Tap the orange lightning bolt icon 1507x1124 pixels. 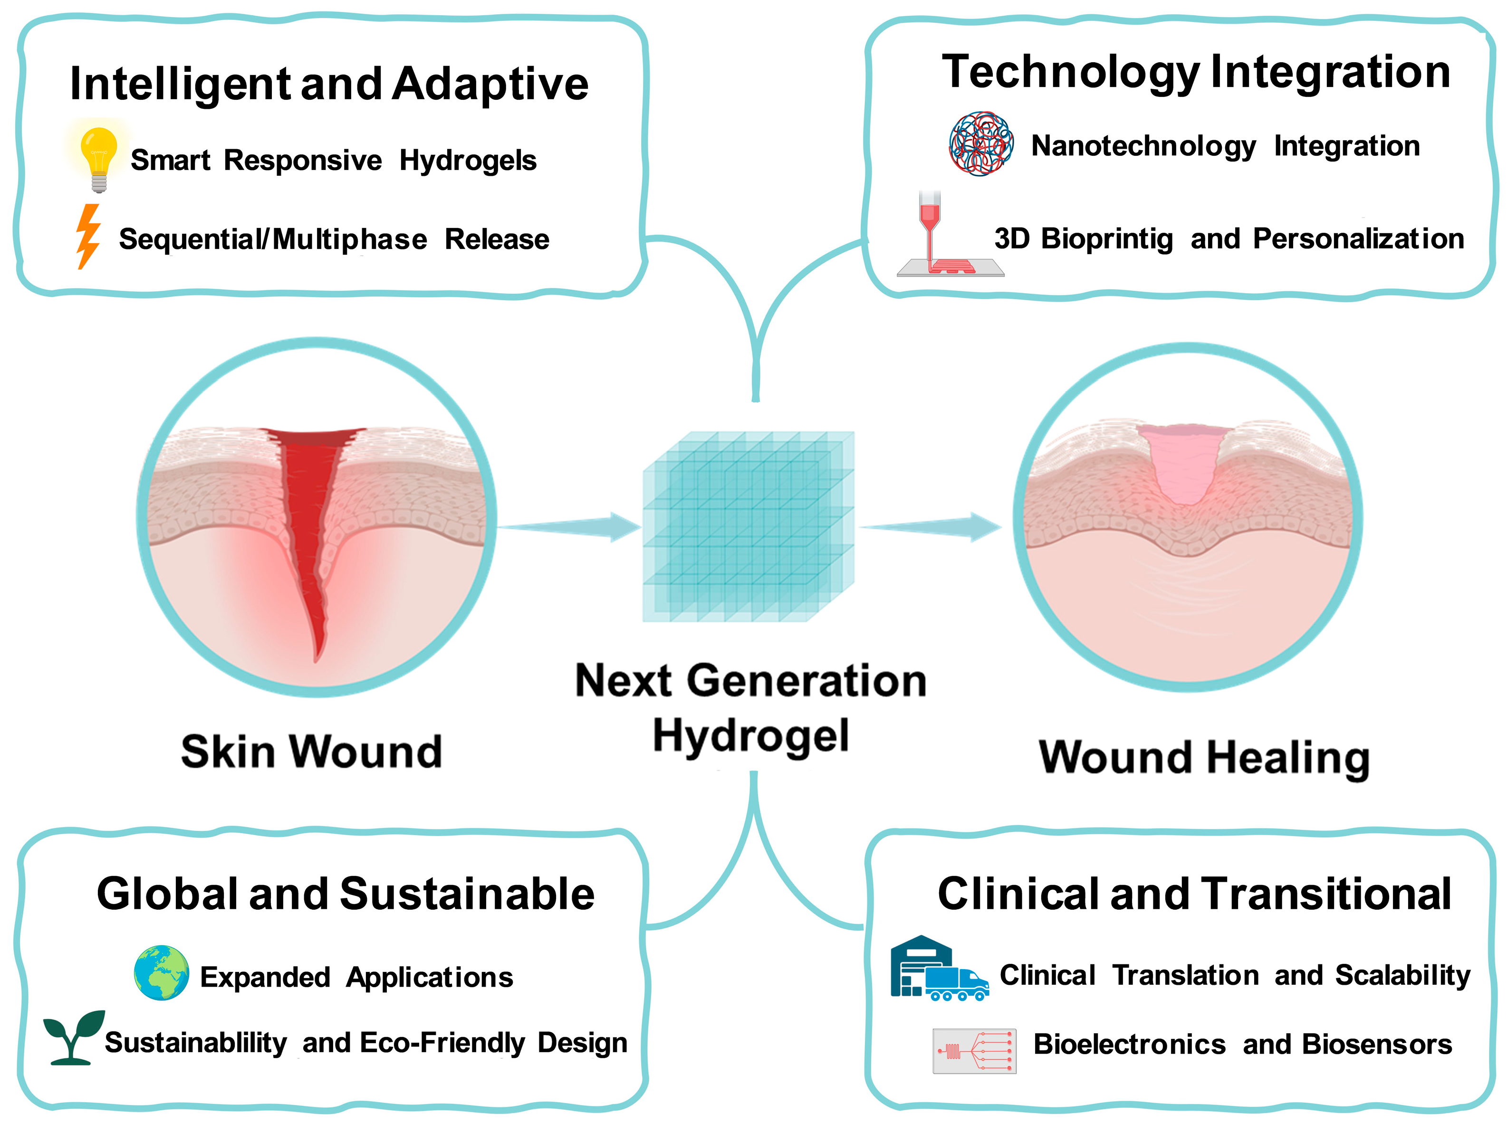(88, 236)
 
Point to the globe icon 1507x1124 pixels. (161, 972)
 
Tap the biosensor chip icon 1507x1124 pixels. (974, 1050)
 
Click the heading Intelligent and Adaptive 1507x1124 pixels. (329, 84)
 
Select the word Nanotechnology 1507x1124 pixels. (1143, 146)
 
